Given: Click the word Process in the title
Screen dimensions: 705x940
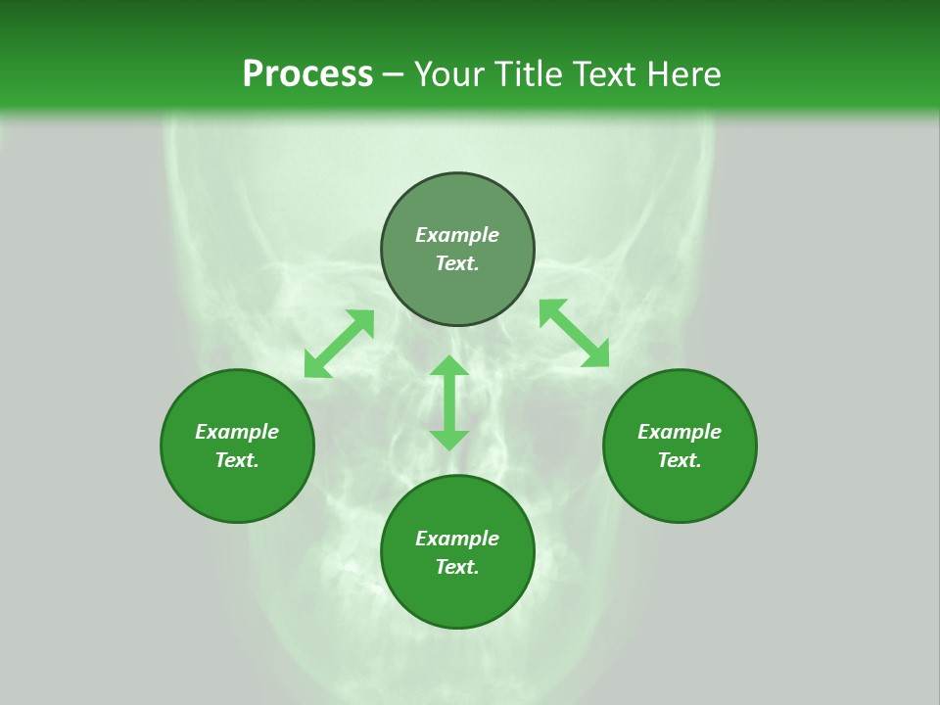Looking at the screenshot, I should [x=307, y=74].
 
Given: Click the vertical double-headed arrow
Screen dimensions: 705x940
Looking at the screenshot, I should [x=449, y=402].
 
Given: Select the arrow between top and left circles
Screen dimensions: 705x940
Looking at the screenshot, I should [x=339, y=344].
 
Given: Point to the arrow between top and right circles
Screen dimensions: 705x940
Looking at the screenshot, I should [x=574, y=333].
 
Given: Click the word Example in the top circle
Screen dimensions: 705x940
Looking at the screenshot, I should [x=457, y=235].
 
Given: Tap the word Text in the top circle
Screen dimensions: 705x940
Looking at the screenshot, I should [x=457, y=263].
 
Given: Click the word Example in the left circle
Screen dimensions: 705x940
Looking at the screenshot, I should [x=237, y=432].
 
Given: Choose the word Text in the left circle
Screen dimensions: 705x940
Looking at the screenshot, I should [x=237, y=460].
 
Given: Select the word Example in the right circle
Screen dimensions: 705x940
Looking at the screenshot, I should [x=680, y=432].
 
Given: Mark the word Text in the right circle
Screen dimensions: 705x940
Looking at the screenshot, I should [x=680, y=460].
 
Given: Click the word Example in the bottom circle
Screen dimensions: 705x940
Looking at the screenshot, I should [x=457, y=539].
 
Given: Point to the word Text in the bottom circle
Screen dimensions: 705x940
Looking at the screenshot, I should [x=457, y=567].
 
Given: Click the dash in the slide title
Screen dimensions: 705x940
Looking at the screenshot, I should [x=394, y=75].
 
